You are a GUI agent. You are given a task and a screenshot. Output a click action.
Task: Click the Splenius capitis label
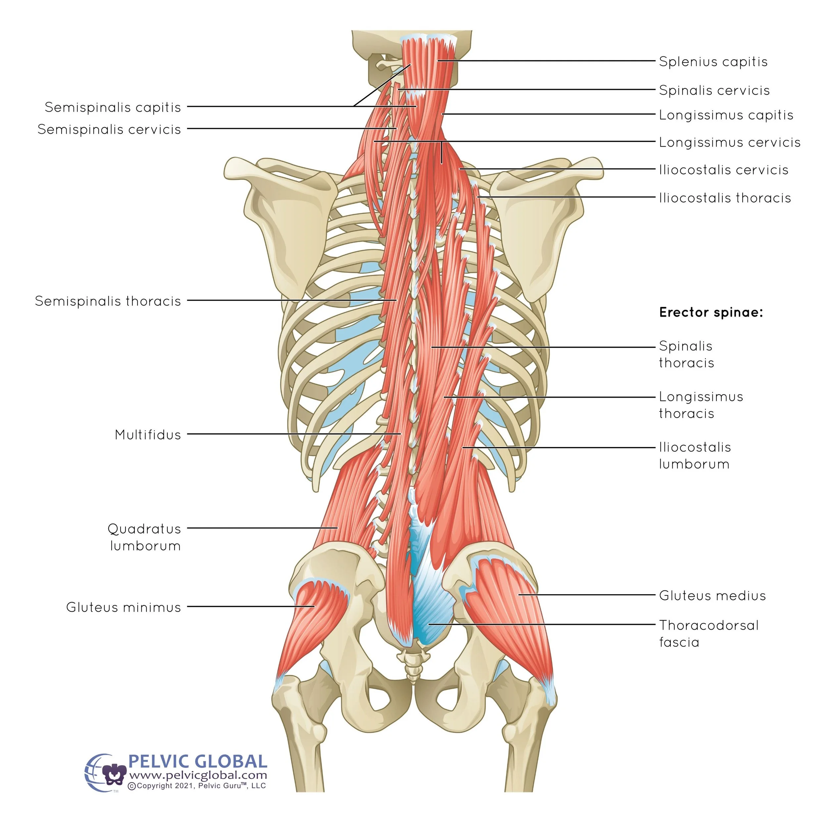tap(713, 62)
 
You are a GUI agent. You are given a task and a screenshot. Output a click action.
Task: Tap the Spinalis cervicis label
tap(714, 90)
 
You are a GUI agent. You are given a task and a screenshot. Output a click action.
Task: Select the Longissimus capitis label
tap(726, 115)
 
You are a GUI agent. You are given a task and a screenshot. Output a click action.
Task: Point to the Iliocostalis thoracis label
tap(725, 198)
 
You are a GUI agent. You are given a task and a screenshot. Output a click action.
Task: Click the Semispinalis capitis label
tap(113, 107)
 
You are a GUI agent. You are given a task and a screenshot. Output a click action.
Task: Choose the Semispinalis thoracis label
tap(108, 301)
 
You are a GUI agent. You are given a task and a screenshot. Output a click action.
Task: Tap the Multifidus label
tap(148, 435)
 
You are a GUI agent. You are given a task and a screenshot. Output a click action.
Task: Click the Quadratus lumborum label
tap(144, 538)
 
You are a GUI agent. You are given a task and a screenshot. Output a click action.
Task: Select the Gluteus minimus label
tap(124, 607)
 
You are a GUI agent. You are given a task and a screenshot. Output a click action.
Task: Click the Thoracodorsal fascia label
tap(708, 634)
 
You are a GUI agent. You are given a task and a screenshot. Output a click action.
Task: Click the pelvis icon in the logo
tap(114, 775)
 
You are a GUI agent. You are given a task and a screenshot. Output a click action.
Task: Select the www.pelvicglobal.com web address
tap(198, 775)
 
